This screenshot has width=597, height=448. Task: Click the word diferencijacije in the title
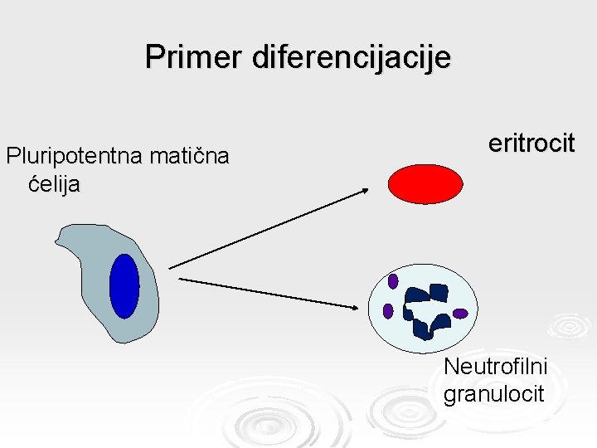(348, 57)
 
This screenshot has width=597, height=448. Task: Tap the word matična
(190, 156)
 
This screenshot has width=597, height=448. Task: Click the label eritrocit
(531, 143)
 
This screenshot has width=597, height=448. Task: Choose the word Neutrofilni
(496, 365)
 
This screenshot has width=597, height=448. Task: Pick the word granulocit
(493, 392)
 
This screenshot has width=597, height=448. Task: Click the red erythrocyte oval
(425, 184)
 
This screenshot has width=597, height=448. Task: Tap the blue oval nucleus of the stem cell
(124, 285)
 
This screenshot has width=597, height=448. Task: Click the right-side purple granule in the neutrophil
(460, 314)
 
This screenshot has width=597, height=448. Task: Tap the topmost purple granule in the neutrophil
(393, 280)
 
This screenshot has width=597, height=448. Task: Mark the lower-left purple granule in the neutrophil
(388, 310)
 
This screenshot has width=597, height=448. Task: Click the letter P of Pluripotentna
(12, 156)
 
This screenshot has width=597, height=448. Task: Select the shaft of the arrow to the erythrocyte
(265, 229)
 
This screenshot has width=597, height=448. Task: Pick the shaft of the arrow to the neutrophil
(265, 292)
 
